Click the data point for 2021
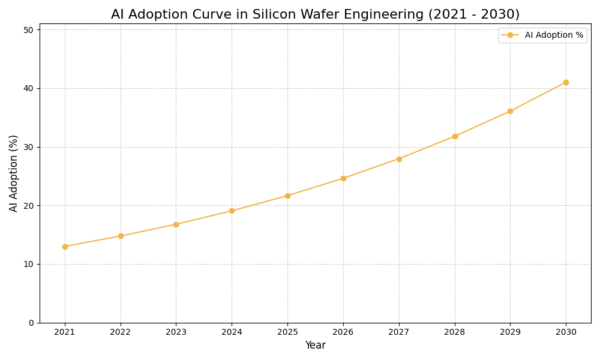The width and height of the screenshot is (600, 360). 65,247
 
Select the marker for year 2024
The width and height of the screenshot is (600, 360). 232,211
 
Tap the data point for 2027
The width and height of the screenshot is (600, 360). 399,159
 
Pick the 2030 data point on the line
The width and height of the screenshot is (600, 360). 566,82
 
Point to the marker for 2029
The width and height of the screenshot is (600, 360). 510,111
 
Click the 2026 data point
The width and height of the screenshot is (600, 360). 343,178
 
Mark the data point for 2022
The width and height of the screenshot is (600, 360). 121,236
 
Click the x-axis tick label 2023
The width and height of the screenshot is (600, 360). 176,332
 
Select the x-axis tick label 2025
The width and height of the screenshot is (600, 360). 287,332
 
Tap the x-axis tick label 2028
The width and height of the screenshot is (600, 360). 455,332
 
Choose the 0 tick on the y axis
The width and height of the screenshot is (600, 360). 31,323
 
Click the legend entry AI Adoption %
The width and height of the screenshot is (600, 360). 553,35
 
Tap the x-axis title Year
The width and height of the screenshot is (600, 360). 315,346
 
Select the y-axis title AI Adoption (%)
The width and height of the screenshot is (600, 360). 14,173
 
